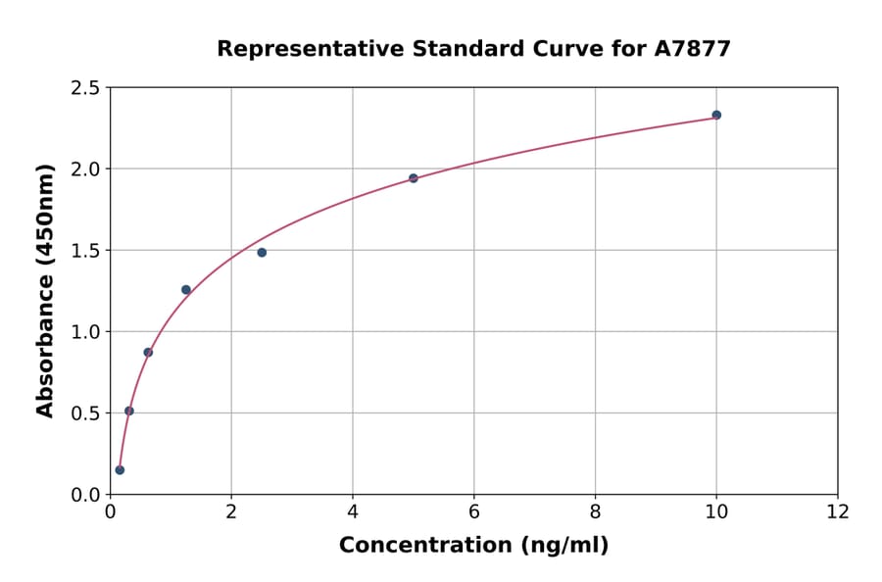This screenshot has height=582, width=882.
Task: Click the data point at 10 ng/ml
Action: point(716,115)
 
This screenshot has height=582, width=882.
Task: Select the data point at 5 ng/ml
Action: point(414,178)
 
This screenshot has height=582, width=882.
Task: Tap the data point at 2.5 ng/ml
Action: point(262,252)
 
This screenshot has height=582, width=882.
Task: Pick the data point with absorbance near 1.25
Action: point(186,290)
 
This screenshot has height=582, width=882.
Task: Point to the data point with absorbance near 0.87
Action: point(148,352)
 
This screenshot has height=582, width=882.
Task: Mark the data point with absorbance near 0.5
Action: point(129,411)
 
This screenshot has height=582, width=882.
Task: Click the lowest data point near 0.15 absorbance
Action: point(120,469)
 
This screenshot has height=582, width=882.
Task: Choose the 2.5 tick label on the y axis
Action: point(85,88)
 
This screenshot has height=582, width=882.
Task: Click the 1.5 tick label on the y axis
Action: point(85,251)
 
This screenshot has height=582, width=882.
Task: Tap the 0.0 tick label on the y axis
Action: point(85,495)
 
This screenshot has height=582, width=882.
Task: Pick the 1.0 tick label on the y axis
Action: point(85,332)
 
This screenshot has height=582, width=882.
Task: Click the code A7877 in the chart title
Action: point(693,49)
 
